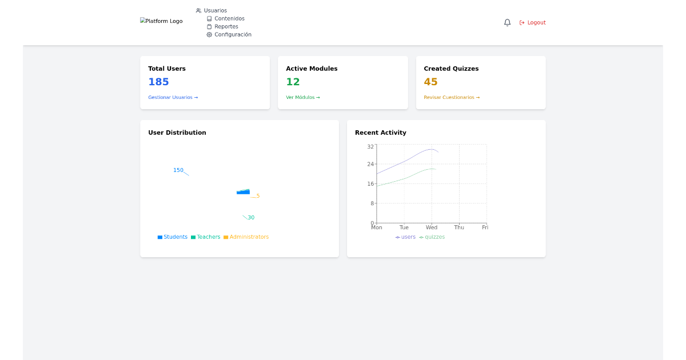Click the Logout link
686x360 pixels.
[533, 23]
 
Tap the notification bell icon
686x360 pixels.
[507, 23]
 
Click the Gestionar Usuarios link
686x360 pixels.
[173, 98]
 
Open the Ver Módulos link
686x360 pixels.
[303, 98]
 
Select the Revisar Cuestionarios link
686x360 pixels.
[452, 98]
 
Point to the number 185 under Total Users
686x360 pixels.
[158, 82]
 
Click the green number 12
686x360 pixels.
[293, 82]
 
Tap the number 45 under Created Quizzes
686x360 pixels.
[430, 82]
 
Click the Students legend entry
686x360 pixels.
[173, 237]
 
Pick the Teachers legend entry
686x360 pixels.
[206, 237]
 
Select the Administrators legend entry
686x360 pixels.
[246, 237]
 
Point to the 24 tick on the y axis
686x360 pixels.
[370, 165]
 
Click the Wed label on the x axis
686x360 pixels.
[432, 227]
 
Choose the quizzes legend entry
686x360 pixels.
[432, 237]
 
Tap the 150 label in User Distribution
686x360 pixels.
[178, 170]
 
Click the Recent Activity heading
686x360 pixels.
[380, 133]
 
